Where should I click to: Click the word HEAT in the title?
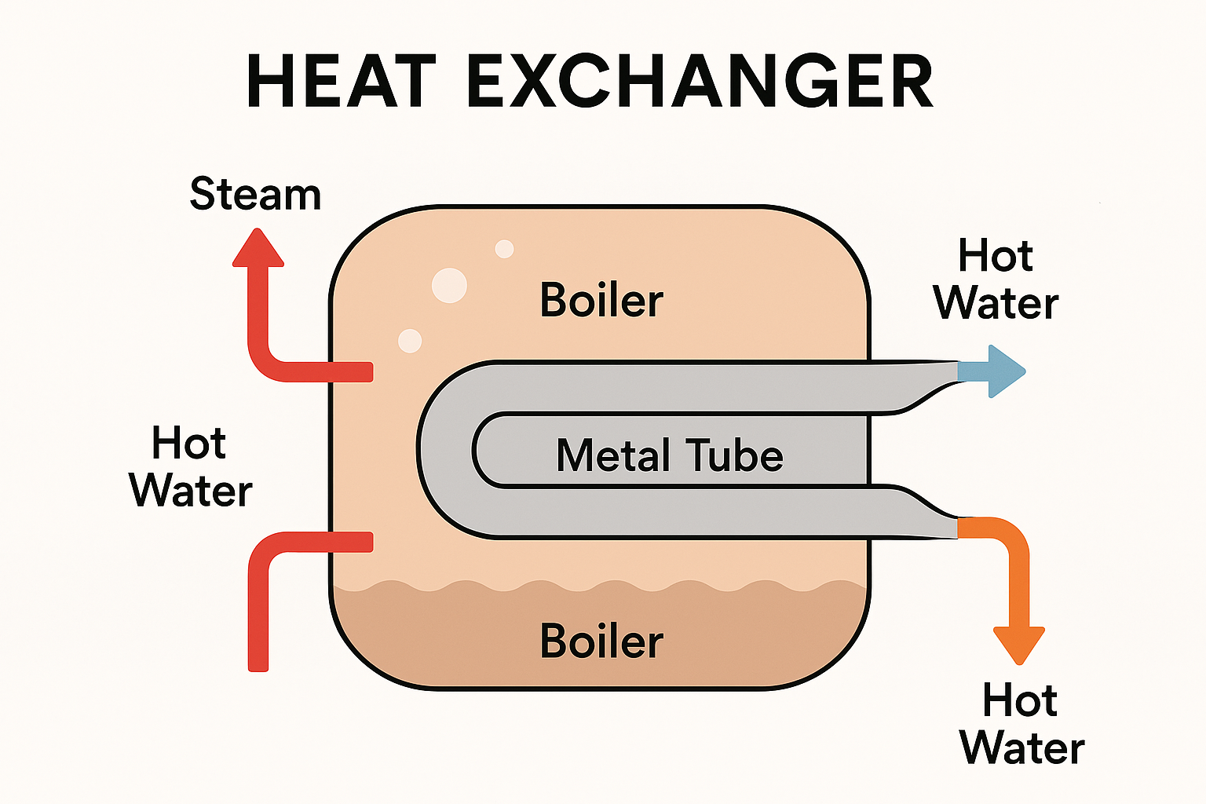341,82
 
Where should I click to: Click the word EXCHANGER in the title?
700,82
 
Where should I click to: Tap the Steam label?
256,194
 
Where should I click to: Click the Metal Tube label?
669,455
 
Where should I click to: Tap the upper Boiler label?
601,301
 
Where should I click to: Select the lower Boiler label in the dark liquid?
601,641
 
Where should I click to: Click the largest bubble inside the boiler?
449,285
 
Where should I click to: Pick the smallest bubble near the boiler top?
504,249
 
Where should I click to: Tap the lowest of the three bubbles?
410,341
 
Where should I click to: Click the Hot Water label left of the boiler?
190,466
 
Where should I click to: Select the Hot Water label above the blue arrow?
996,280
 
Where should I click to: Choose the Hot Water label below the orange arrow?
1021,723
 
